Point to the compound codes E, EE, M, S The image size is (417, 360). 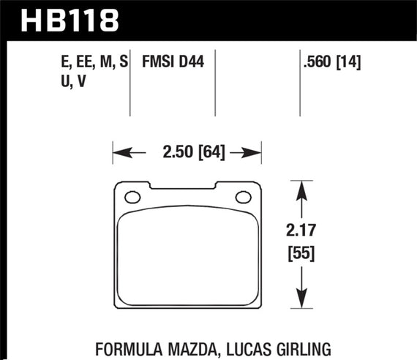point(94,64)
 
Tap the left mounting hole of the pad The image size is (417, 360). point(133,197)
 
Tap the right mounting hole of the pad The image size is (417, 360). point(242,197)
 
